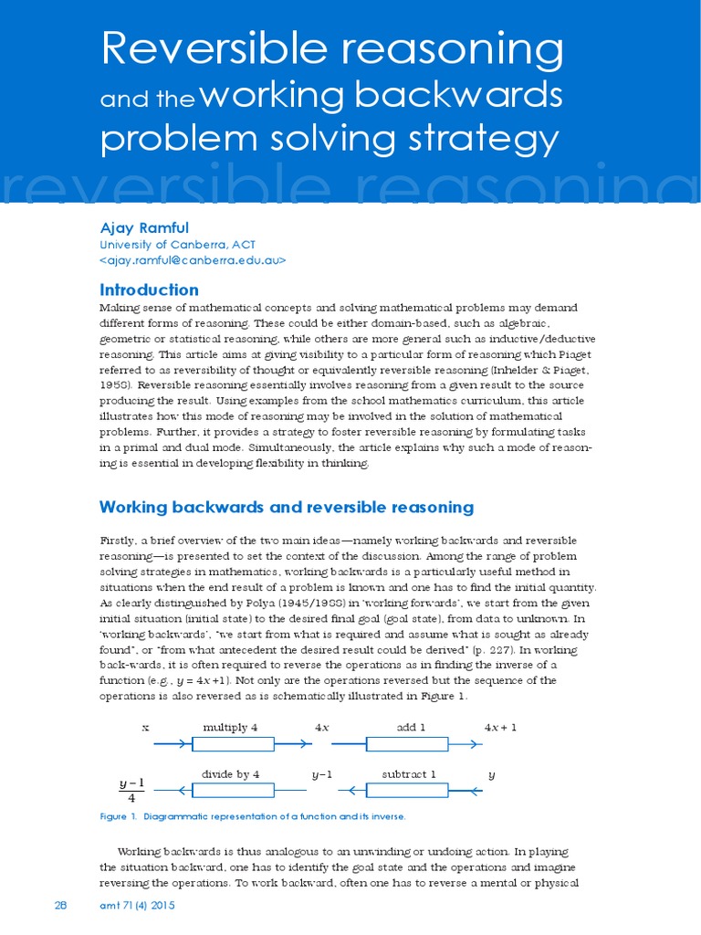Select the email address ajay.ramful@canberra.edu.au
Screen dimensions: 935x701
tap(193, 260)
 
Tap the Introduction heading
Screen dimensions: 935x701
tap(148, 289)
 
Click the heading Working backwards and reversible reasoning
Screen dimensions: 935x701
tap(286, 507)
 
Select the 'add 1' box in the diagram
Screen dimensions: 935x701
tap(406, 744)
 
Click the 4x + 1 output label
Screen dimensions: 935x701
tap(500, 728)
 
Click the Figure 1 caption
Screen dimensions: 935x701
tap(253, 816)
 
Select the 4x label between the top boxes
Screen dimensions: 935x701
tap(322, 728)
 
